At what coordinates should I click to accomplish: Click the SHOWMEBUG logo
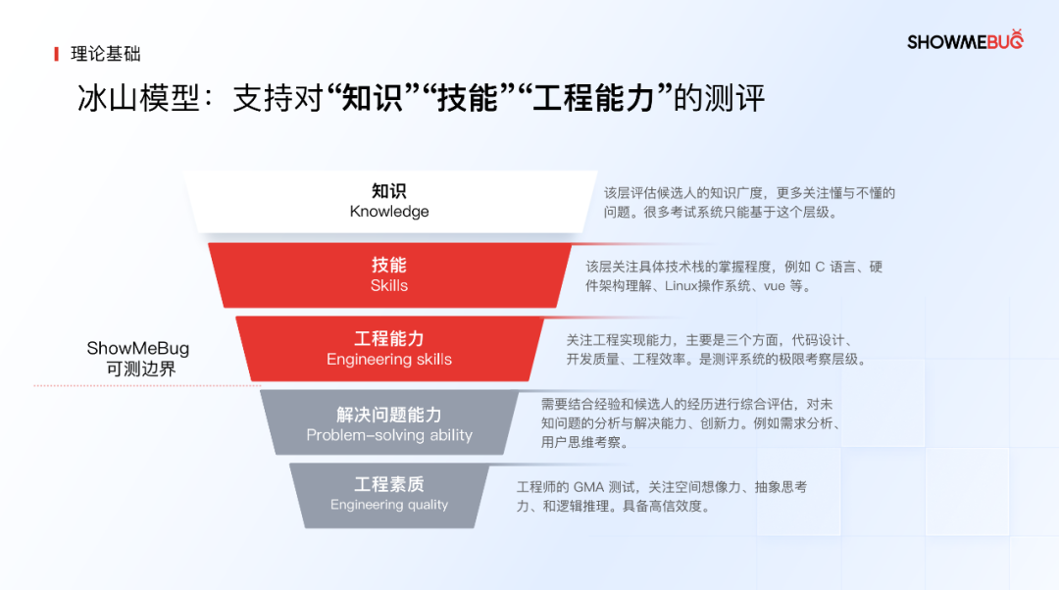tap(965, 40)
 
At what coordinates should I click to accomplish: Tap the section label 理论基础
tap(105, 54)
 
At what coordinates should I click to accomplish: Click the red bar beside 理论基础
tap(56, 54)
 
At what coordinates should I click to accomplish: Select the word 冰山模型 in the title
tap(138, 99)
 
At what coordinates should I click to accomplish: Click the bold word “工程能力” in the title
tap(595, 98)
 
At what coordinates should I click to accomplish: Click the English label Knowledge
tap(389, 212)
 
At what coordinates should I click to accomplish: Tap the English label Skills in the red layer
tap(389, 285)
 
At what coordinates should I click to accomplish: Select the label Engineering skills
tap(389, 359)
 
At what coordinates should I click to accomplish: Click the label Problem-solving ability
tap(389, 435)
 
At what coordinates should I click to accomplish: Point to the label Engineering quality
tap(389, 505)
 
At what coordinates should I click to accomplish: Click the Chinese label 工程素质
tap(389, 484)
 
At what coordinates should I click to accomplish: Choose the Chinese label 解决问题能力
tap(389, 415)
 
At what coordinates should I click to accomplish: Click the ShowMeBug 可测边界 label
tap(138, 358)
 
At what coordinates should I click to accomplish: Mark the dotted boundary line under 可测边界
tap(147, 385)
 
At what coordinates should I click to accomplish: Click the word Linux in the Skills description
tap(681, 286)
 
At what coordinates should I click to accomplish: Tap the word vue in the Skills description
tap(774, 286)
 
